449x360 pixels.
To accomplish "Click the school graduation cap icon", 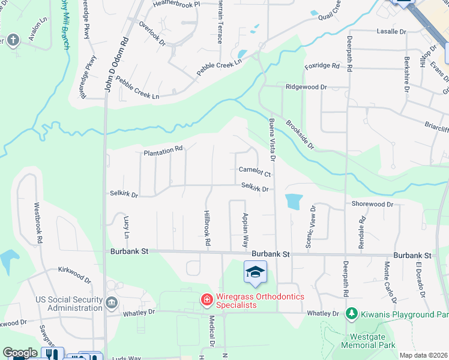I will coord(255,272).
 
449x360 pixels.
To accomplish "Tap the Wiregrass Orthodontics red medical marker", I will coord(206,298).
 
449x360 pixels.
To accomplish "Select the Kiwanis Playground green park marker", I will coord(351,314).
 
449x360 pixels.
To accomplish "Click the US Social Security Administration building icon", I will coord(112,303).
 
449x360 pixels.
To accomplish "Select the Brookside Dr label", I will coord(300,134).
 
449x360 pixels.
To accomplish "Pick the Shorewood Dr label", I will coord(372,204).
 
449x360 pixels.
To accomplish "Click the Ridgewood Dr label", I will coord(306,87).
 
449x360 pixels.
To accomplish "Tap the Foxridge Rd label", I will coord(325,67).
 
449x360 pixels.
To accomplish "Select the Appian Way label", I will coord(245,230).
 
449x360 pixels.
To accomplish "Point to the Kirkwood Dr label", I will coord(74,275).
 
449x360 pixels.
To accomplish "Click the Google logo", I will coord(20,353).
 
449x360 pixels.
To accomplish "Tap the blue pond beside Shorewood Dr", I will coord(293,202).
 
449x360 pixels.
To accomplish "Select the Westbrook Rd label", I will coord(39,221).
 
